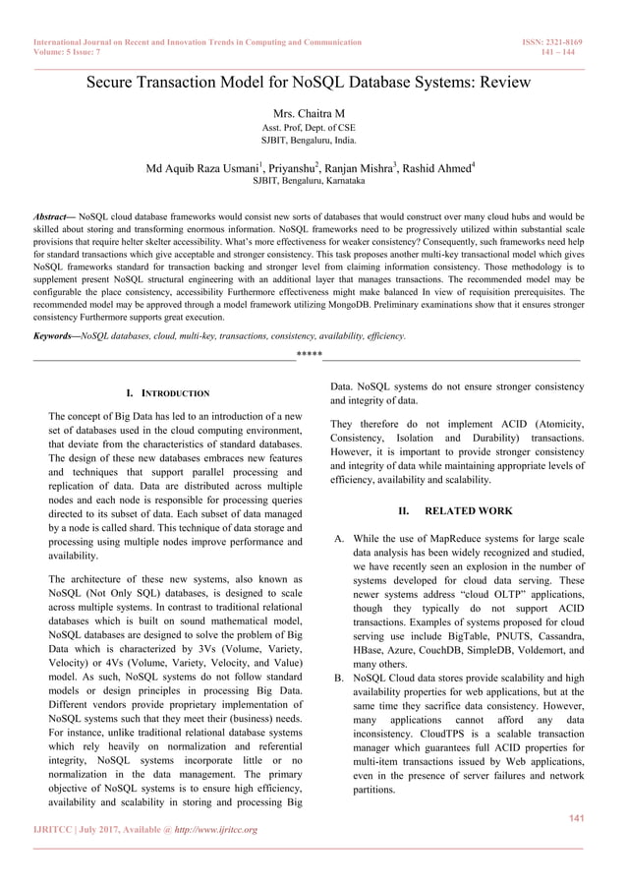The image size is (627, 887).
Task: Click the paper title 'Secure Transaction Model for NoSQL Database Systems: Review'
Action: (x=309, y=83)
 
